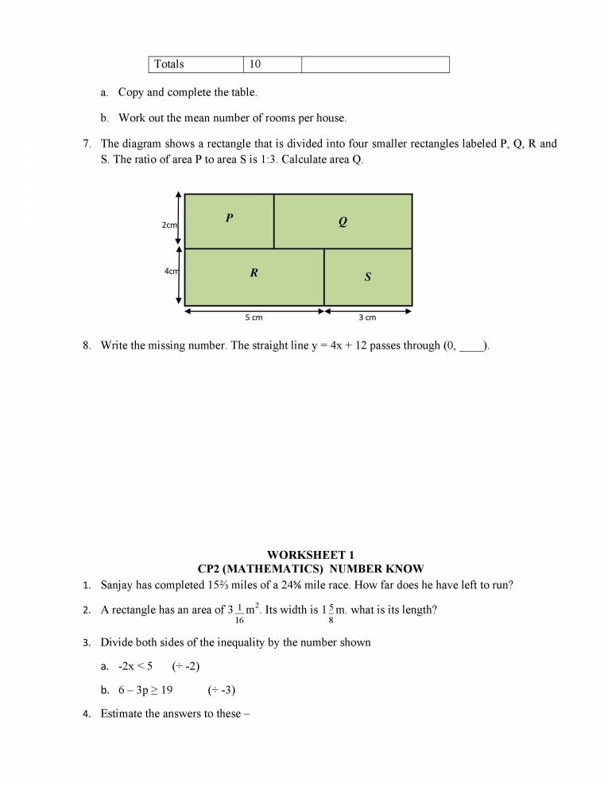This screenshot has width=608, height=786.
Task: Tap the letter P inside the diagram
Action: pos(229,218)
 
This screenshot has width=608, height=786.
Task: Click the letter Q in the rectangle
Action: pos(343,222)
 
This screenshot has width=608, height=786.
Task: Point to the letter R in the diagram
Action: pos(254,273)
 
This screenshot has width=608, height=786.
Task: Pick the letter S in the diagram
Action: pos(368,277)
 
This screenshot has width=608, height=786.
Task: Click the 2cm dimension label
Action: pos(169,225)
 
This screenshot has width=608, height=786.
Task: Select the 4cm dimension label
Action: pos(171,272)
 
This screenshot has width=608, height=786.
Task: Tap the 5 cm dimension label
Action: pos(254,318)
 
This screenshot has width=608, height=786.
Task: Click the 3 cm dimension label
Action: pos(367,318)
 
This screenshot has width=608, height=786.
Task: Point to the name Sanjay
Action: pos(118,586)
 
